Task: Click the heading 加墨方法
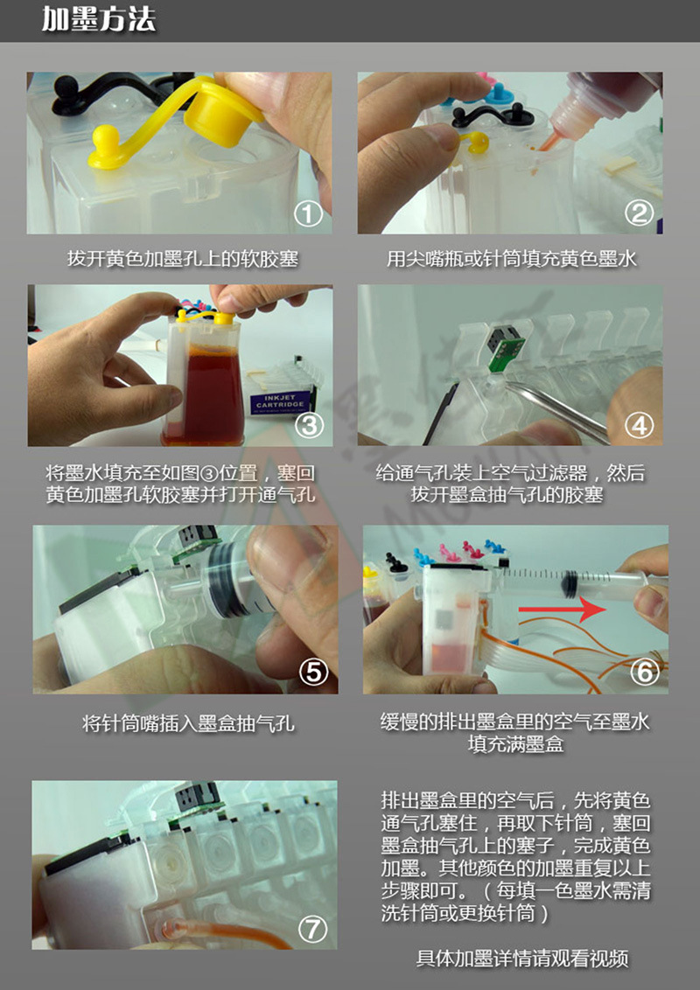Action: [98, 20]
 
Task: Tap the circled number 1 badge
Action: [309, 213]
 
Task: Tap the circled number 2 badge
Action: [640, 213]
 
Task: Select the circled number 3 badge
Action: [309, 425]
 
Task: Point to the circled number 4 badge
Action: [640, 425]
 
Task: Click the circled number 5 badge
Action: [312, 671]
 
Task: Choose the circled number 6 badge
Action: [644, 672]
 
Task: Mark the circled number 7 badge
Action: [312, 928]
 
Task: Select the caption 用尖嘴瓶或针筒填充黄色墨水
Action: [511, 259]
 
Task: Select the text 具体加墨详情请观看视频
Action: [521, 958]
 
